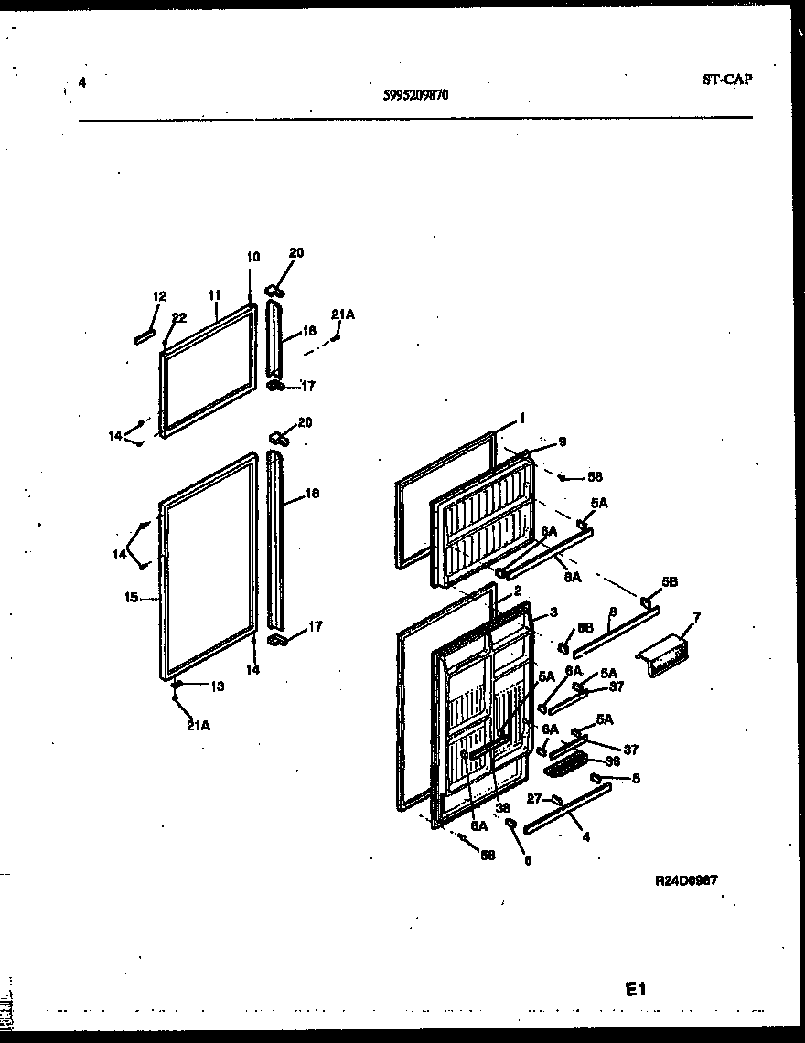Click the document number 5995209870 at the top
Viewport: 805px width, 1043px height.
coord(416,93)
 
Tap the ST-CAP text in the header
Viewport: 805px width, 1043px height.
coord(727,80)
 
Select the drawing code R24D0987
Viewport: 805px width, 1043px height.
coord(686,880)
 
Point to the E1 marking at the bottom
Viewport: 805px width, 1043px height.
coord(636,989)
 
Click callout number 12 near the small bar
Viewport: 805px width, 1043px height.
coord(160,296)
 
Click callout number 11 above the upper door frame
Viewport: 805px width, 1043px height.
coord(214,295)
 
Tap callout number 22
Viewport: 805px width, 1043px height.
coord(179,317)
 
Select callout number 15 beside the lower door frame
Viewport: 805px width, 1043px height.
coord(132,597)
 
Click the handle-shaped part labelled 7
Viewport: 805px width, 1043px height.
coord(666,656)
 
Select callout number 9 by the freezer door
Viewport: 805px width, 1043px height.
coord(562,442)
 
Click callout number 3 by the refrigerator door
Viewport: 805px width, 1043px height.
coord(553,612)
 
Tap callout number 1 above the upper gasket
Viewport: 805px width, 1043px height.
coord(521,418)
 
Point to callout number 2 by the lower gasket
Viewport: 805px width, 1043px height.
coord(517,591)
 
